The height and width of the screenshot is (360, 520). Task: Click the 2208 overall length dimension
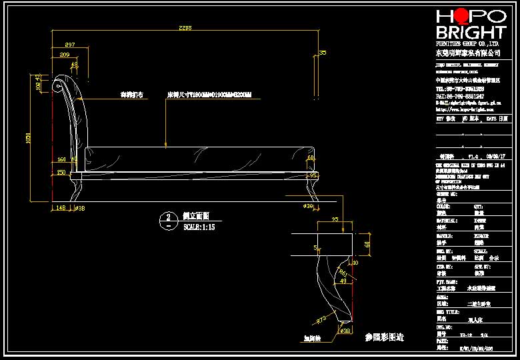185,28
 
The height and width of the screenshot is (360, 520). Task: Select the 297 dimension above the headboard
69,44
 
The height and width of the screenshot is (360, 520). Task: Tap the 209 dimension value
65,54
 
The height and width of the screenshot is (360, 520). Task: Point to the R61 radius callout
342,272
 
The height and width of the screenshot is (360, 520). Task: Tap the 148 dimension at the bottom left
61,207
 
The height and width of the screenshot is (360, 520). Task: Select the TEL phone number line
460,88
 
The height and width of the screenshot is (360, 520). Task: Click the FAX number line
460,95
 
